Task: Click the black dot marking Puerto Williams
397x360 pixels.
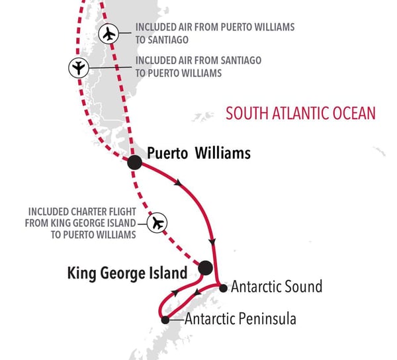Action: point(134,161)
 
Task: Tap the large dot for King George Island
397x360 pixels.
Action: point(205,268)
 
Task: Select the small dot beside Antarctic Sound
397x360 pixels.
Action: point(223,287)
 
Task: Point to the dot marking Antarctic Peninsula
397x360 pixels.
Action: point(165,320)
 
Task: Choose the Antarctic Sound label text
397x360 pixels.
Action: point(276,287)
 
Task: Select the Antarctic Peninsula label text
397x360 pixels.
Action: point(240,320)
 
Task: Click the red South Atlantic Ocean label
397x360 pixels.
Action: point(300,113)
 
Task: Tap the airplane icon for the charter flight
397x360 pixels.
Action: point(157,223)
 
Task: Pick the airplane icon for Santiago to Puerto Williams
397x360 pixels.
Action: point(79,67)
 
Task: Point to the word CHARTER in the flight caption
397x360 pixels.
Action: point(91,212)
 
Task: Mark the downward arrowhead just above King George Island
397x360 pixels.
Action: point(212,242)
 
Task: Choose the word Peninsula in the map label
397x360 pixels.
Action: point(267,320)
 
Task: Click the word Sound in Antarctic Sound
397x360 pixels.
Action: point(303,287)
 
